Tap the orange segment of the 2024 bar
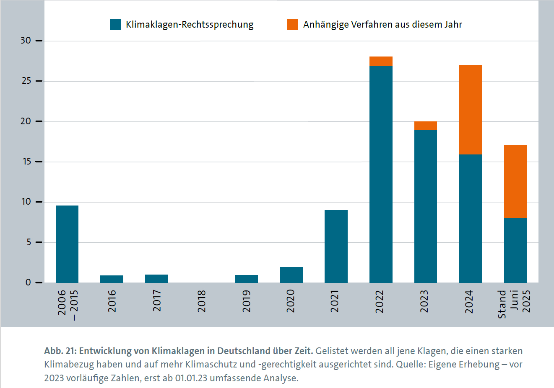tap(471, 110)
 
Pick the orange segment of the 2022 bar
tap(381, 61)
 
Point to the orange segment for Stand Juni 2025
tap(515, 182)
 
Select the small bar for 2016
tap(112, 279)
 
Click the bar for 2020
tap(291, 275)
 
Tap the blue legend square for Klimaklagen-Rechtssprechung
tap(115, 24)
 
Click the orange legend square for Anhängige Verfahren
tap(293, 24)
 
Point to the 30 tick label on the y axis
tap(26, 41)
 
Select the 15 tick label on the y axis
tap(26, 162)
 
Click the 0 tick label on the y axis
tap(28, 283)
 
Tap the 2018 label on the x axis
tap(202, 301)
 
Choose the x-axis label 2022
tap(380, 301)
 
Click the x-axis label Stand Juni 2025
tap(514, 304)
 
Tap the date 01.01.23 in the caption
tap(191, 378)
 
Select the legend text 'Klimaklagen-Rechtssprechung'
tap(190, 25)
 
